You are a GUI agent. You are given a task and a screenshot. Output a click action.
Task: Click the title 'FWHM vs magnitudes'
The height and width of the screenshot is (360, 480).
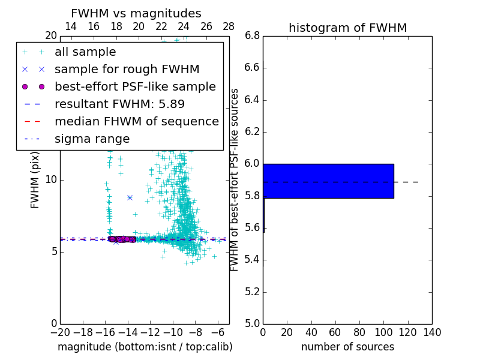point(136,14)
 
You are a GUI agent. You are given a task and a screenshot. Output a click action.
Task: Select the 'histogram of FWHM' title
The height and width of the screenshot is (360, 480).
point(347,28)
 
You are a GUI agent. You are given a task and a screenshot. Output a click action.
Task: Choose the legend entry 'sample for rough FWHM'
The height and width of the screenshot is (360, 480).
point(127,70)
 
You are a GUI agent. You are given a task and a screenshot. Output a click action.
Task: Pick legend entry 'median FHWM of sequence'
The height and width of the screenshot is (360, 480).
point(136,122)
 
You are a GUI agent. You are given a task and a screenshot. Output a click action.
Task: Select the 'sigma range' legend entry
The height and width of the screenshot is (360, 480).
point(92,139)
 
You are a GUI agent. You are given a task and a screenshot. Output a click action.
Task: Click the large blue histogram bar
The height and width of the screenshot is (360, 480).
point(328,181)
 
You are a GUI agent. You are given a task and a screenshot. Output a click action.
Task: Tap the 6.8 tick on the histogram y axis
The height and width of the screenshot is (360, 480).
point(252,36)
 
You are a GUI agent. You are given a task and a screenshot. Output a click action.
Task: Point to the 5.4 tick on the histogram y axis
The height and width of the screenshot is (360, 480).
point(252,260)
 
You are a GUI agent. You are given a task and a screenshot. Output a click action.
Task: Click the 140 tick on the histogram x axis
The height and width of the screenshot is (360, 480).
point(432,332)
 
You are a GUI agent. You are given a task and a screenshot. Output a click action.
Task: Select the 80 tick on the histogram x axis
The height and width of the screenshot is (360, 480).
point(359,332)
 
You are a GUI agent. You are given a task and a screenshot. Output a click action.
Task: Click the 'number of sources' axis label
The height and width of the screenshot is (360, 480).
point(347,347)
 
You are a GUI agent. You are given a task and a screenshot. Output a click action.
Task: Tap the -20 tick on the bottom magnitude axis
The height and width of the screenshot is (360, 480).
point(60,332)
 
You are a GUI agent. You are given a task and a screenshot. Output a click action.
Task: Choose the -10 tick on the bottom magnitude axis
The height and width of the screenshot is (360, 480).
point(173,332)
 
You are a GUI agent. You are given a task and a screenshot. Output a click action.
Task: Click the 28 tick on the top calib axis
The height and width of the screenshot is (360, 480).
point(229,26)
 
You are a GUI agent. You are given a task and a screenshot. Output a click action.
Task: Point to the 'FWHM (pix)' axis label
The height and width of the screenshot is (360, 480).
point(35,181)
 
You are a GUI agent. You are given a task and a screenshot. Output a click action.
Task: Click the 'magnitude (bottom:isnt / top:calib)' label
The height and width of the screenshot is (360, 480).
point(145,347)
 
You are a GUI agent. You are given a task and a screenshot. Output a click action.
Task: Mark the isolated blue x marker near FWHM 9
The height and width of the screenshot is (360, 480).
point(130,197)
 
